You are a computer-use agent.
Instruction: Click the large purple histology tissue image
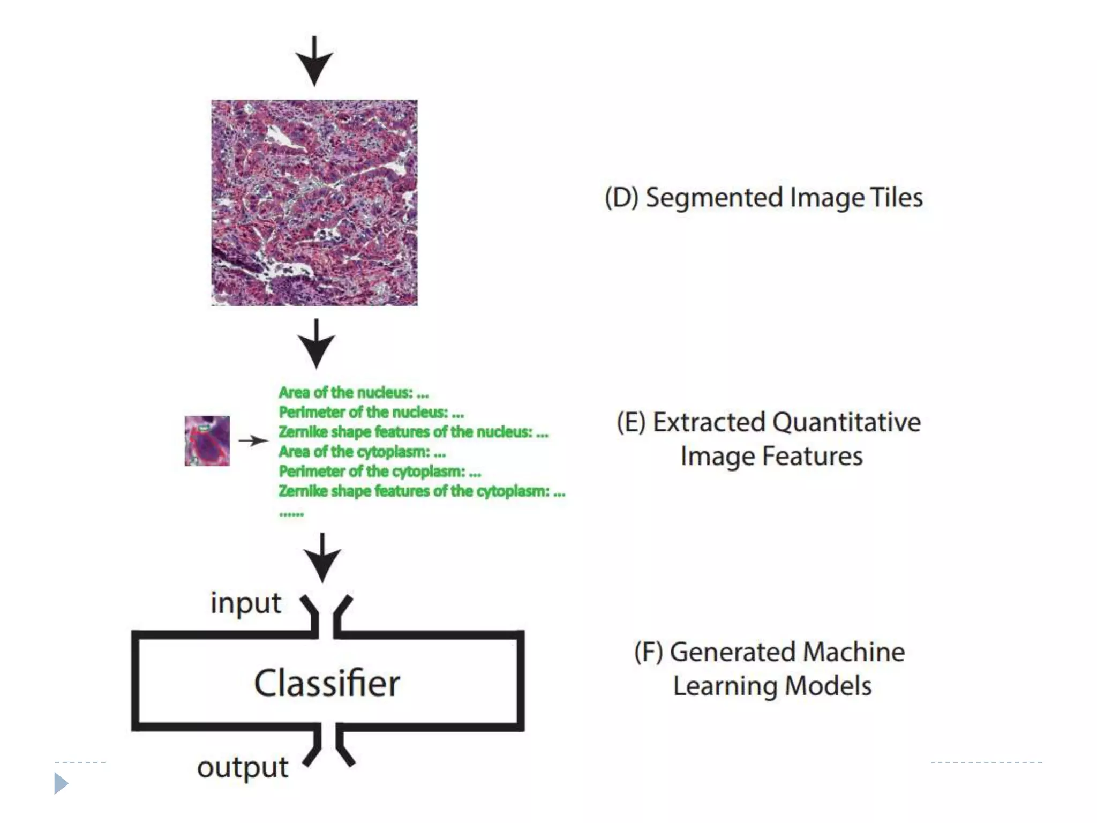[x=314, y=203]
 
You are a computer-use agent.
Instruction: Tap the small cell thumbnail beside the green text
[x=207, y=440]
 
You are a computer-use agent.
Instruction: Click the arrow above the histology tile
[x=314, y=61]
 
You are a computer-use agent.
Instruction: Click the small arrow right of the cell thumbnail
[x=253, y=440]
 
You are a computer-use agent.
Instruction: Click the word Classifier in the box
[x=327, y=683]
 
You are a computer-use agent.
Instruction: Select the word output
[x=243, y=767]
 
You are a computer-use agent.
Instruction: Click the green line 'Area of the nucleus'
[x=354, y=393]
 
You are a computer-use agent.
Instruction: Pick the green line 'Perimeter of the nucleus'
[x=371, y=413]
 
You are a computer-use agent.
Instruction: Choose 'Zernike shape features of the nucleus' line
[x=413, y=432]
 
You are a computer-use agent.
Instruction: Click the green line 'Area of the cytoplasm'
[x=362, y=452]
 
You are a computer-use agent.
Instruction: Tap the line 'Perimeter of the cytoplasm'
[x=380, y=472]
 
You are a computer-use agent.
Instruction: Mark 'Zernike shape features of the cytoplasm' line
[x=422, y=491]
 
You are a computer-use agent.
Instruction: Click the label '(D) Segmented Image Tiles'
[x=763, y=198]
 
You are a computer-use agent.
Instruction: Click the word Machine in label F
[x=853, y=652]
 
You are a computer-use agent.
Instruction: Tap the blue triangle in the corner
[x=61, y=783]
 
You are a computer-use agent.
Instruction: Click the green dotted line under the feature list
[x=291, y=514]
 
